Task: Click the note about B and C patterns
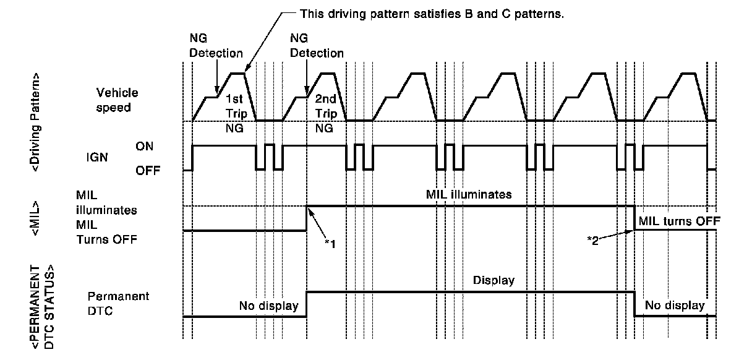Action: point(431,14)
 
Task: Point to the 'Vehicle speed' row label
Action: point(117,100)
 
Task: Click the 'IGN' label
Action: point(96,157)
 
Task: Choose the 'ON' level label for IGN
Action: point(145,146)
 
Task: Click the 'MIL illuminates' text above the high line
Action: point(469,194)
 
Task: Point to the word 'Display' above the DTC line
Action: point(493,280)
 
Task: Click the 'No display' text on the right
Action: point(675,305)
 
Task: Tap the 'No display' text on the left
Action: point(269,305)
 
